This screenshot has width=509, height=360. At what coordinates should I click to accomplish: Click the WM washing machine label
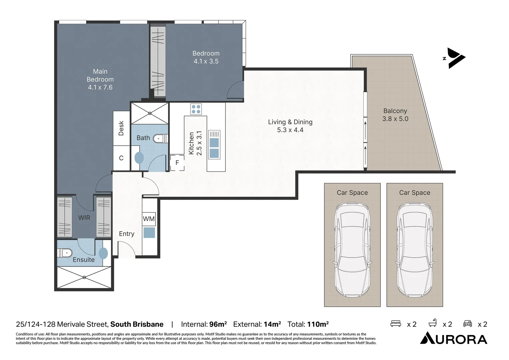click(149, 219)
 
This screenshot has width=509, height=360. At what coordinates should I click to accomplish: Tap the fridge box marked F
click(177, 163)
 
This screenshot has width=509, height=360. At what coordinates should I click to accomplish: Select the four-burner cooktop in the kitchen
click(196, 109)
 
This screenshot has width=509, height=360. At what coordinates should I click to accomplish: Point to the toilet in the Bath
click(161, 138)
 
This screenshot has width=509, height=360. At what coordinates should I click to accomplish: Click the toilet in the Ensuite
click(65, 253)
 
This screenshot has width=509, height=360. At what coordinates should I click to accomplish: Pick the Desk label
click(121, 128)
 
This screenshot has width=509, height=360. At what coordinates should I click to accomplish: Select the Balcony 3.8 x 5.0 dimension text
click(395, 119)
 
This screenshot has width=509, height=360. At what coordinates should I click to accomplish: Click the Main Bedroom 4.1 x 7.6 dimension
click(100, 87)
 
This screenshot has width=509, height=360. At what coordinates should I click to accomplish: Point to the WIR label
click(84, 218)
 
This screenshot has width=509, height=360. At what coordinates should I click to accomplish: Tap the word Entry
click(127, 234)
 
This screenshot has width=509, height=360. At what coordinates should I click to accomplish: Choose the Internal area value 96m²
click(218, 324)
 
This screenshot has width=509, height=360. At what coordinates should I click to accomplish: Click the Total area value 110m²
click(318, 324)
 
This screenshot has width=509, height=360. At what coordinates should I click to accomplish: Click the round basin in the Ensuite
click(103, 253)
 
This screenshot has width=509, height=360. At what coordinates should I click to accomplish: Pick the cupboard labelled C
click(121, 158)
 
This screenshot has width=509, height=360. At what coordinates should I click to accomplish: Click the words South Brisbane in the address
click(137, 324)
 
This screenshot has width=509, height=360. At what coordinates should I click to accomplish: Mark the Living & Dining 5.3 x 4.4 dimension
click(290, 130)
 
